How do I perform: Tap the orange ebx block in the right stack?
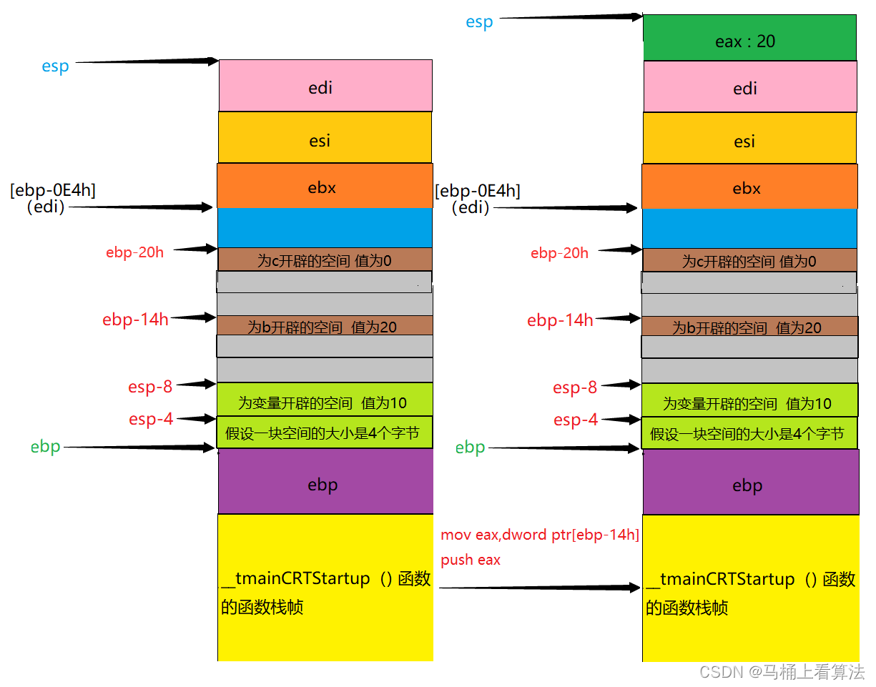pyautogui.click(x=749, y=188)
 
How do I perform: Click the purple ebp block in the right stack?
pyautogui.click(x=750, y=485)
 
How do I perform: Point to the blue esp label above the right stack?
pyautogui.click(x=479, y=22)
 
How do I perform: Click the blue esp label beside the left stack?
pyautogui.click(x=55, y=66)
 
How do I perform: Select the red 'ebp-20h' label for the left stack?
pyautogui.click(x=134, y=252)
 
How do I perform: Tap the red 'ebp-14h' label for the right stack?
pyautogui.click(x=560, y=320)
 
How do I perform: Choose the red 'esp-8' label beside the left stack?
pyautogui.click(x=150, y=387)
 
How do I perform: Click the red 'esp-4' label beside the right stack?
pyautogui.click(x=576, y=420)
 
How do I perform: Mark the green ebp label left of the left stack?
pyautogui.click(x=46, y=448)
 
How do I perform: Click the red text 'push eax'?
pyautogui.click(x=471, y=560)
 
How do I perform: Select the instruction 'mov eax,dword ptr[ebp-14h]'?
pyautogui.click(x=540, y=535)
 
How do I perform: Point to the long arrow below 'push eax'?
pyautogui.click(x=540, y=588)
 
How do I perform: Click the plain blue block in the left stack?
pyautogui.click(x=325, y=227)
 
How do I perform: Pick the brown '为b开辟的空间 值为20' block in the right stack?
pyautogui.click(x=749, y=327)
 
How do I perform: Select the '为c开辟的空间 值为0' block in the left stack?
pyautogui.click(x=325, y=260)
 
